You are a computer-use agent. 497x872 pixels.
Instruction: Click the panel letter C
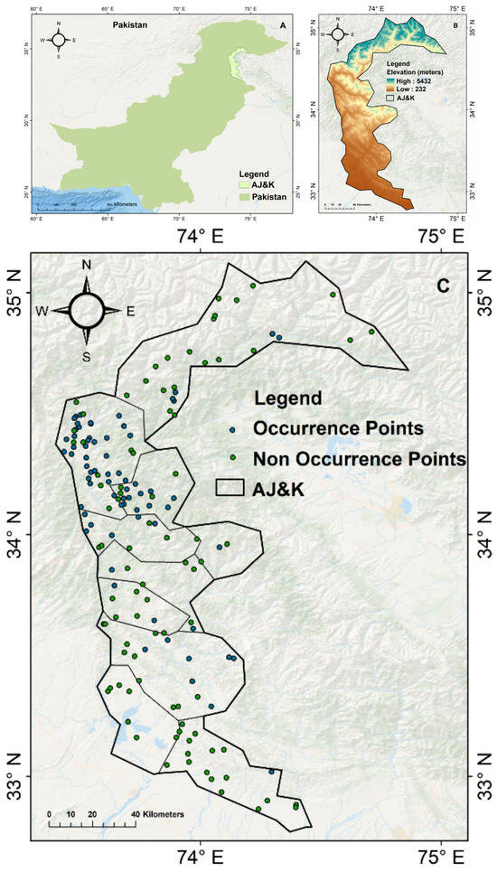tap(443, 286)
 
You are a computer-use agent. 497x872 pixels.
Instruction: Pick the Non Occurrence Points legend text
tap(359, 458)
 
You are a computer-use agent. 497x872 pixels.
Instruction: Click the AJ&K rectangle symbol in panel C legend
tap(230, 486)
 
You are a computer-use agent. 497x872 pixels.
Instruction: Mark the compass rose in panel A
tap(59, 39)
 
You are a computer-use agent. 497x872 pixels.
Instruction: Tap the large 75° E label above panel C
tap(435, 237)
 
